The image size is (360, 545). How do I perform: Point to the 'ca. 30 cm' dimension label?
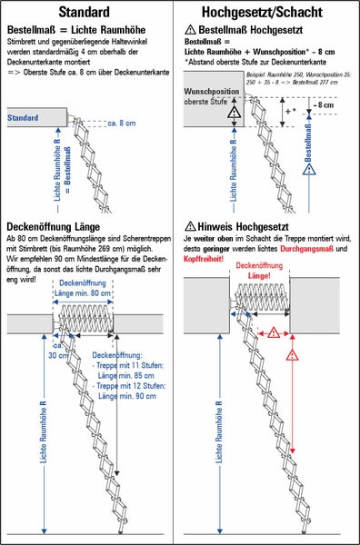click(x=60, y=350)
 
